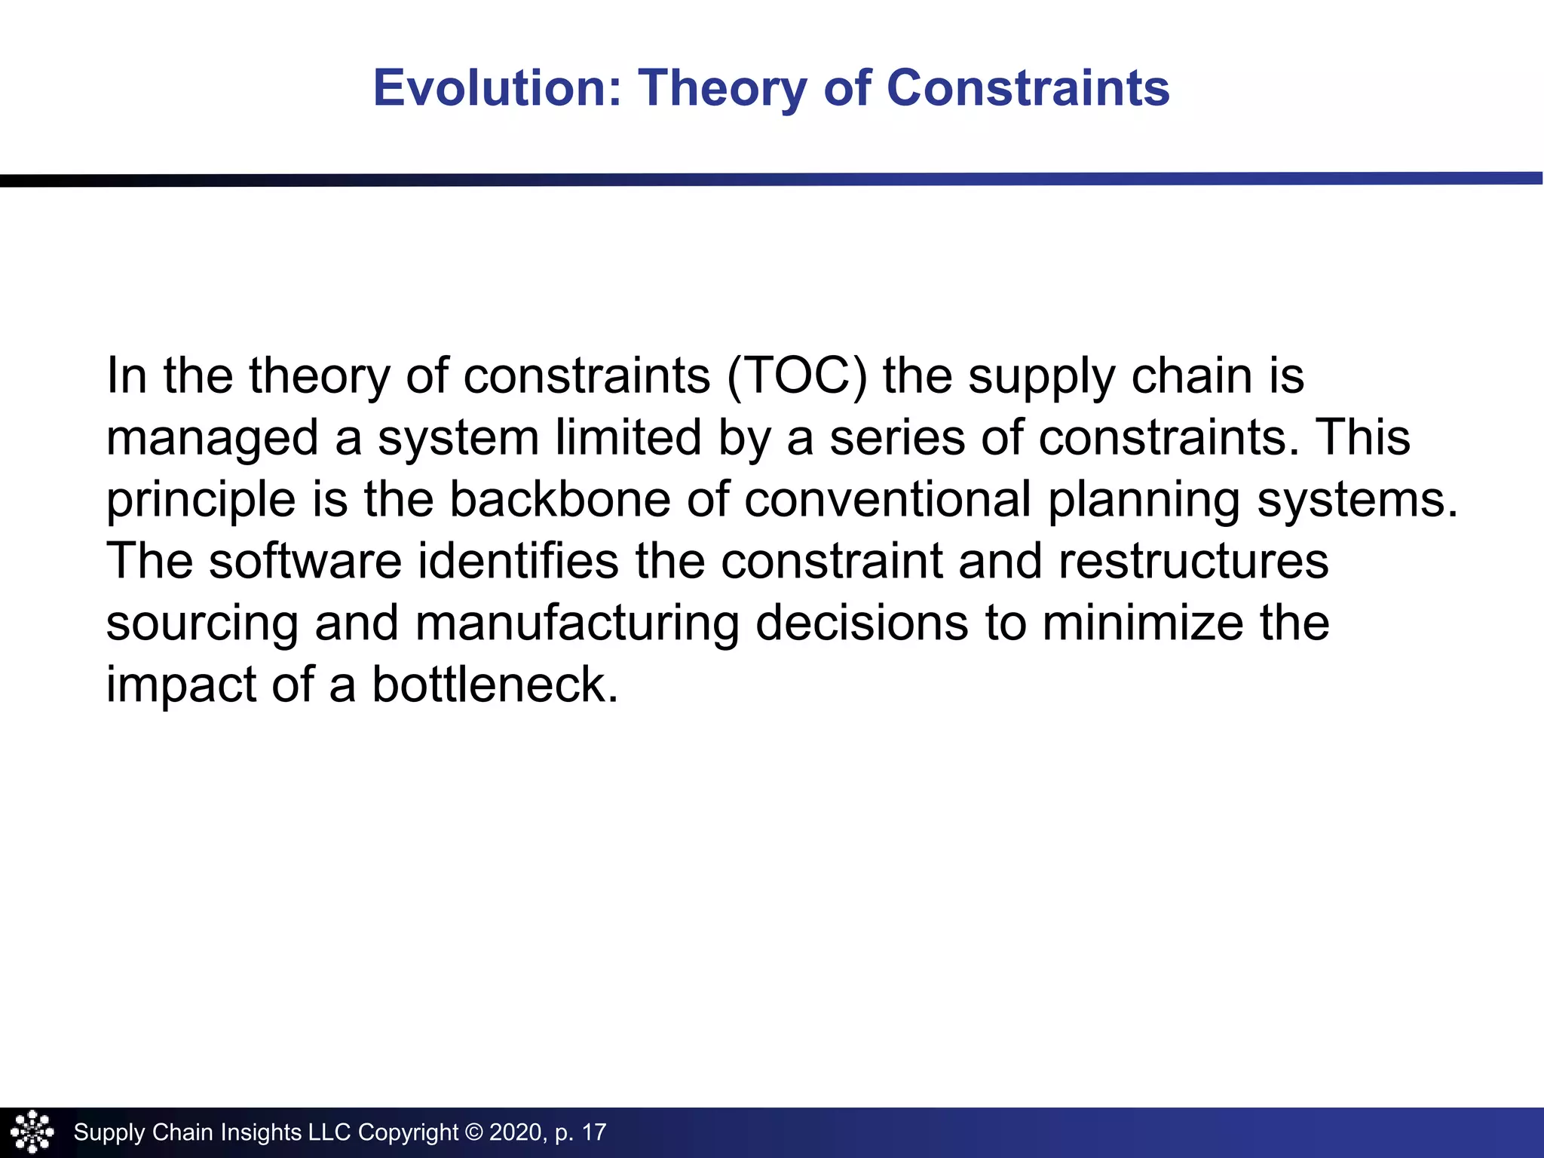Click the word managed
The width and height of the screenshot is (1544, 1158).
pos(212,439)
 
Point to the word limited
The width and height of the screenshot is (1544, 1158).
pos(628,437)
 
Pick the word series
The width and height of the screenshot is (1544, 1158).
pos(896,437)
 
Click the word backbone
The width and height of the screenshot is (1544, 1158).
pos(559,499)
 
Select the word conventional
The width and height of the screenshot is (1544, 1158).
pos(887,499)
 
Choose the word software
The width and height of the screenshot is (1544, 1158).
pos(305,561)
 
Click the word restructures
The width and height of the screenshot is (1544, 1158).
pos(1193,561)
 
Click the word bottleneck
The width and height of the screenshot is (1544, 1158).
pos(495,685)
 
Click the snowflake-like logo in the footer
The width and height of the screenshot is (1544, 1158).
pos(32,1132)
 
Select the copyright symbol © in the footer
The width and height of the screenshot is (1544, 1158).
pos(473,1132)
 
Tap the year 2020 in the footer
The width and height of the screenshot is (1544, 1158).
pos(516,1132)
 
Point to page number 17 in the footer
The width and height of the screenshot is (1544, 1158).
pos(594,1132)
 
